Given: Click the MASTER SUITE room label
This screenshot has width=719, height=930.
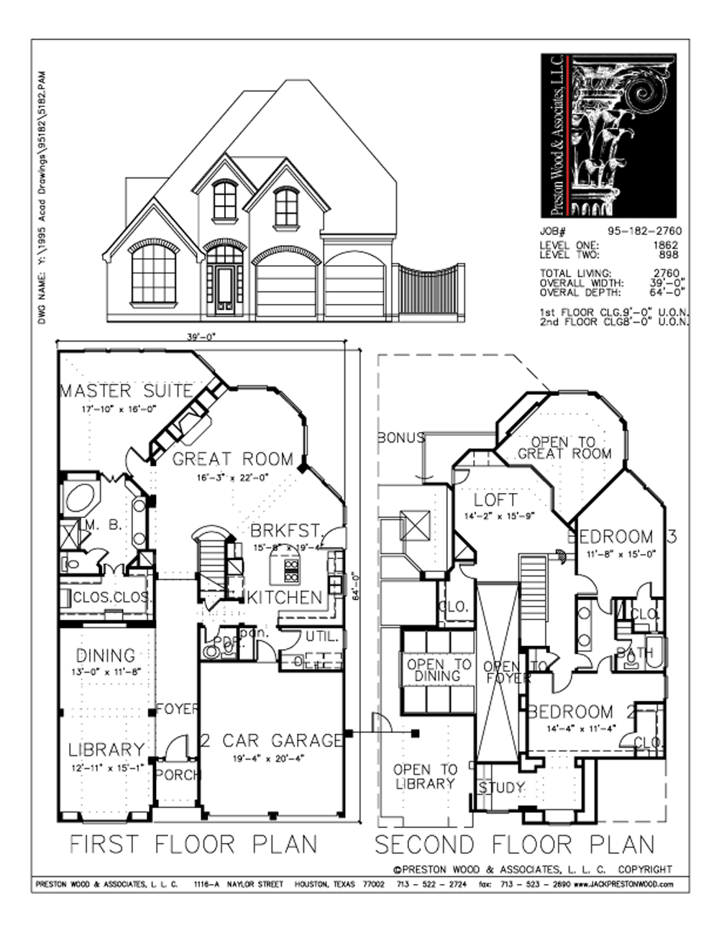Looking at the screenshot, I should [x=126, y=392].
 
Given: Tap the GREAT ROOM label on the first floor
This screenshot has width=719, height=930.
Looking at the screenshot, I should [x=233, y=459].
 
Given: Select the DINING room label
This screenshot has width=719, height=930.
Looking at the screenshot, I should [x=106, y=655].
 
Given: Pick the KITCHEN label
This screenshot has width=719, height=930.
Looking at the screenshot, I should [x=285, y=597].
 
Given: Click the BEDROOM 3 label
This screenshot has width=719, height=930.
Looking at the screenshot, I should [x=621, y=537].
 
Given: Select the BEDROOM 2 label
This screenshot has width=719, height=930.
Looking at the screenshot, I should [x=581, y=712].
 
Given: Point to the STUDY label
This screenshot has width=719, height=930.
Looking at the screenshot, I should [x=501, y=788].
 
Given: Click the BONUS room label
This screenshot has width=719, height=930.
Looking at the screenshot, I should [x=400, y=437].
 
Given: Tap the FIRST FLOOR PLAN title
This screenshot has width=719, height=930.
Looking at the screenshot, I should [x=193, y=843].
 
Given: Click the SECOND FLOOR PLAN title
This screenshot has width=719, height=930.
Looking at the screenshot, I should [x=514, y=843].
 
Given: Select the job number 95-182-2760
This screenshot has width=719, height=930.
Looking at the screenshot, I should [x=644, y=231].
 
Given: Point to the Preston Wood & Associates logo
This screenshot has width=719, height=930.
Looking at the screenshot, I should [x=608, y=134].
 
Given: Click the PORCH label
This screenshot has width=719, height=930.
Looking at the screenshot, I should [x=177, y=775].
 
